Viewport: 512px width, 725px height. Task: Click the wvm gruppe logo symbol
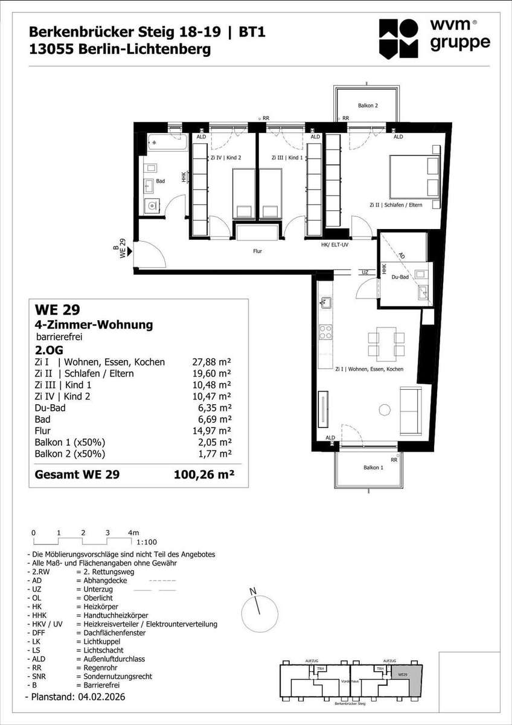point(398,39)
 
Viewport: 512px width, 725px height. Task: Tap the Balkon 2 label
point(368,106)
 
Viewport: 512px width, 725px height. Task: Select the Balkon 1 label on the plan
point(373,468)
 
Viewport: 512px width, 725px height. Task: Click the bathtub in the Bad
point(167,142)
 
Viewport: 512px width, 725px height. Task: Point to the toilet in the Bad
point(152,205)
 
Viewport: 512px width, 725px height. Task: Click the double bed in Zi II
point(415,176)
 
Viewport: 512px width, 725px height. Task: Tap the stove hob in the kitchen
point(325,332)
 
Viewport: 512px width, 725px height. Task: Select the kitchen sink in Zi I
point(325,303)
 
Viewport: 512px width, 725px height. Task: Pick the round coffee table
point(385,410)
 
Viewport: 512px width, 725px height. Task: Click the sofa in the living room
point(411,411)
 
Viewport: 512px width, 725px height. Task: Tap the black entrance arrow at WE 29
point(130,251)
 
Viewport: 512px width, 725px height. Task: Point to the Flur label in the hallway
point(257,251)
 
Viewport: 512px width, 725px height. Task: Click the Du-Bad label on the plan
point(400,277)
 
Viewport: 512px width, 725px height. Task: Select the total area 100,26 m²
point(203,474)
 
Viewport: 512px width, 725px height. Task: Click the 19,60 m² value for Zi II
point(211,373)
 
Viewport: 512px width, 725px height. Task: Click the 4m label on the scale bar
point(133,532)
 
